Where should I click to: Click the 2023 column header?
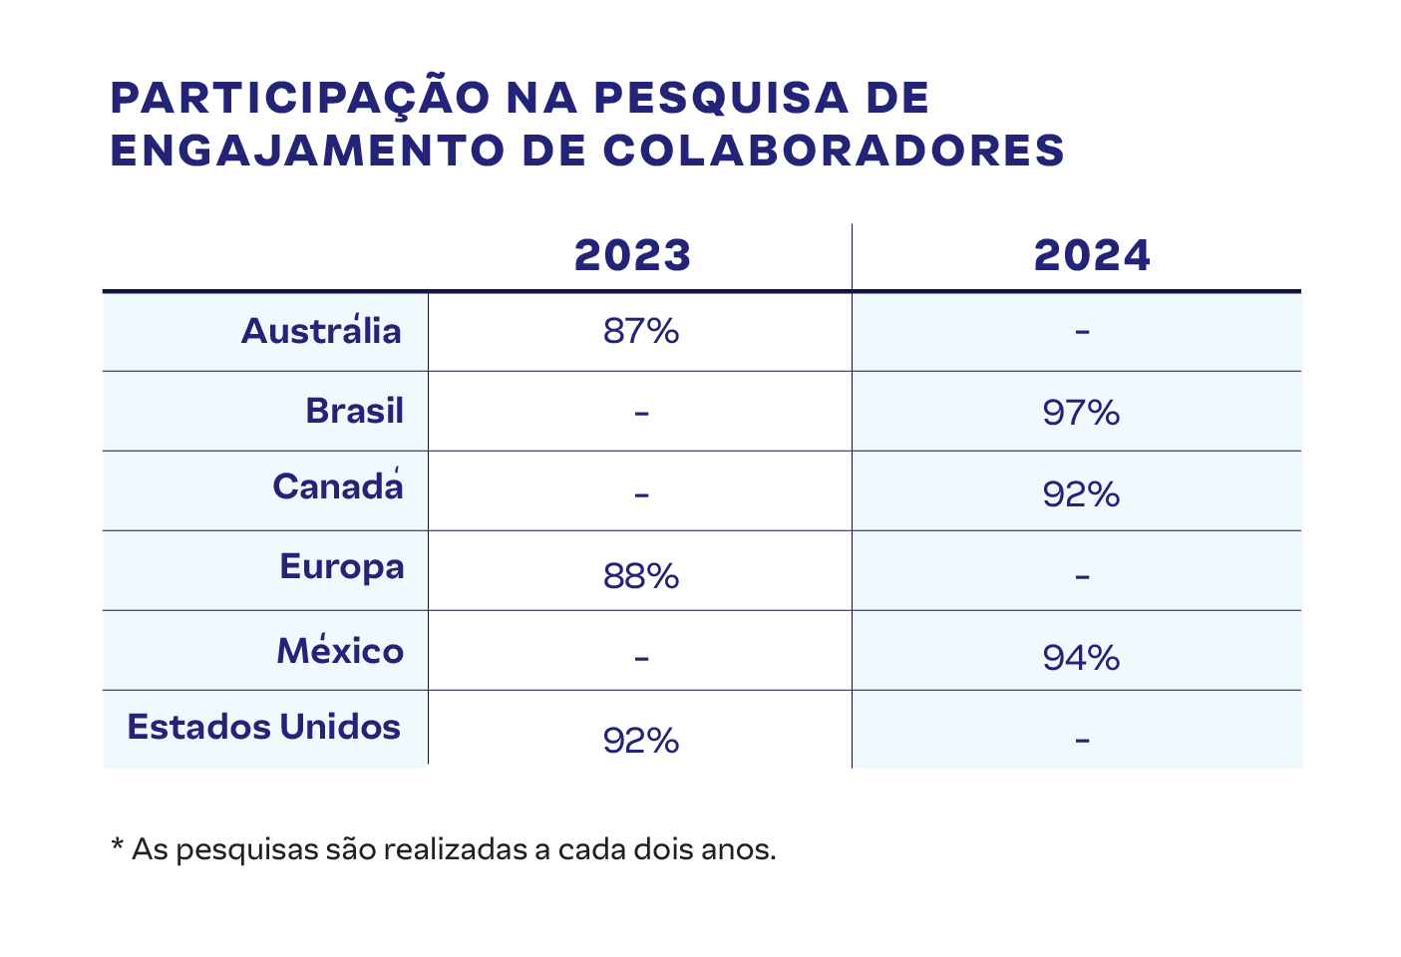click(632, 255)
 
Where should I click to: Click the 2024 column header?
click(1092, 255)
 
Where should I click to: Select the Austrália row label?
click(321, 330)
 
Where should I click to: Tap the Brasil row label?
click(354, 411)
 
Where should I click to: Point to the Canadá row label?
click(338, 486)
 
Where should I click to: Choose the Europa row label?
click(342, 566)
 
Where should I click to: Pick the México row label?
click(340, 650)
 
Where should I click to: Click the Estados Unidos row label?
click(264, 727)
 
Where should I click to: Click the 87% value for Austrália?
click(640, 331)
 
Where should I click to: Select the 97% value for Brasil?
click(1081, 412)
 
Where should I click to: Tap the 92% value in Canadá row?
click(1081, 493)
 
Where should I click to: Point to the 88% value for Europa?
click(640, 576)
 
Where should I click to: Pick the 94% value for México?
click(1081, 658)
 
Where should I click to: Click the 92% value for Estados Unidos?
click(640, 741)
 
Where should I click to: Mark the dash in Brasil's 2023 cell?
click(641, 412)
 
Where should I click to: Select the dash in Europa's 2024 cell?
click(1083, 576)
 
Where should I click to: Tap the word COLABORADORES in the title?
click(835, 150)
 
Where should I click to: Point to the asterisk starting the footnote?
click(117, 846)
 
